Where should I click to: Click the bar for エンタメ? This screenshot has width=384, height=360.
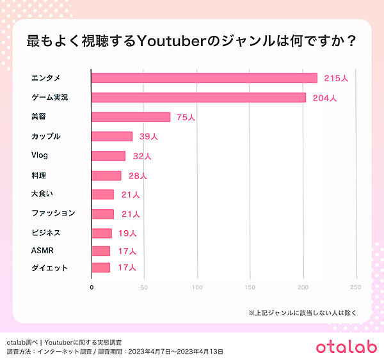point(204,78)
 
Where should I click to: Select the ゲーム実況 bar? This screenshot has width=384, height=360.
point(198,97)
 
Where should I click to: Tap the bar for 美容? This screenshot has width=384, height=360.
point(131,117)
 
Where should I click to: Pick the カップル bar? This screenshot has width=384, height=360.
point(112,136)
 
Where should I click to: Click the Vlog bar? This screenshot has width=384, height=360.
point(108,155)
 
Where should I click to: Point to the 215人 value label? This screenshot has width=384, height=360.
point(335,78)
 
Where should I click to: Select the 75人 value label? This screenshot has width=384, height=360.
point(186,117)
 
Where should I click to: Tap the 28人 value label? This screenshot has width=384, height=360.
point(136,175)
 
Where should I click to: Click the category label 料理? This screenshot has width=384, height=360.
point(38,174)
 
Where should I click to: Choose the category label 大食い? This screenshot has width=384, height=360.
point(42,194)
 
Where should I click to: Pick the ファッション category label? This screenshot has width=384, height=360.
point(53,213)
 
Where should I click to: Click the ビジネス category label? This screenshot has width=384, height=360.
point(45,233)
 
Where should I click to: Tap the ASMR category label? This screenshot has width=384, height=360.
point(42,251)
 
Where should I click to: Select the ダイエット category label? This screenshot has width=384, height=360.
point(49,269)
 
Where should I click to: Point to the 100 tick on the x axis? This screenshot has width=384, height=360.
point(198,287)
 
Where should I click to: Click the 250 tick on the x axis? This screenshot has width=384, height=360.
point(356,287)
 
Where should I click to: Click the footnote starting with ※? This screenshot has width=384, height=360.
point(301,313)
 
